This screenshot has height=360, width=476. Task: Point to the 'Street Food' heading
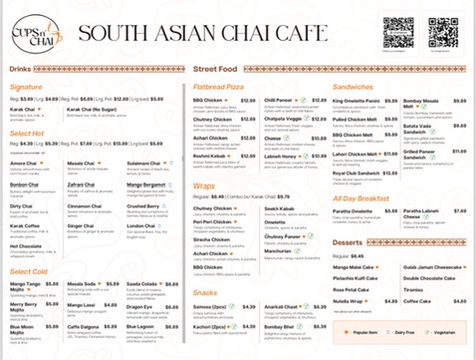coord(214,68)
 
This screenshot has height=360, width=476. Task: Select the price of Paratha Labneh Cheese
coord(460,210)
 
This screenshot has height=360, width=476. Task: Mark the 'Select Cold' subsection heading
coord(30,271)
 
